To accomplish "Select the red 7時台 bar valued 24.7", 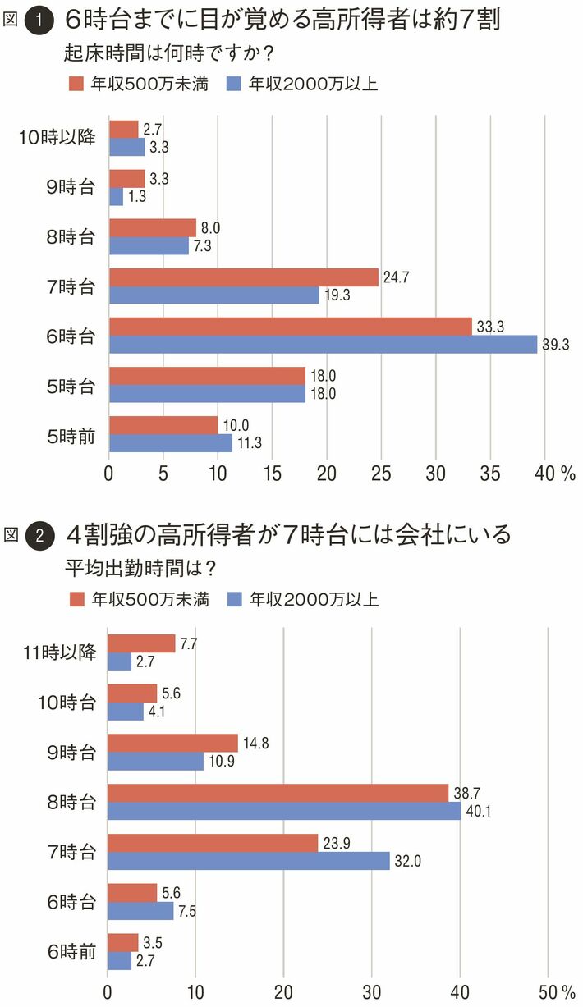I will click(x=244, y=277).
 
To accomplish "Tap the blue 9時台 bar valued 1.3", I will click(x=116, y=196).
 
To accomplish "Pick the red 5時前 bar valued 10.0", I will click(x=163, y=425).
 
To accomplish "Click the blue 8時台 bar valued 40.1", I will click(x=284, y=811).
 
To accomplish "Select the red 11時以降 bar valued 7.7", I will click(x=142, y=643).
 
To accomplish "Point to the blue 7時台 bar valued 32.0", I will click(x=249, y=861).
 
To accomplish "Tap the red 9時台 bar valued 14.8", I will click(x=173, y=743).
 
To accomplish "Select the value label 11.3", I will click(x=249, y=444).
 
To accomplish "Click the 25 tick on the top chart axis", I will click(x=381, y=474).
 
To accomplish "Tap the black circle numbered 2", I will click(x=39, y=536).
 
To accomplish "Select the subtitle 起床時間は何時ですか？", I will click(x=168, y=53).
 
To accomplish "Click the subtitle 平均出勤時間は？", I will click(x=145, y=567).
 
